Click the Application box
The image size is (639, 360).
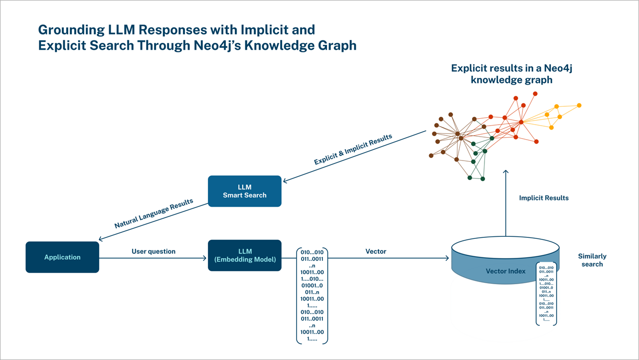[62, 257]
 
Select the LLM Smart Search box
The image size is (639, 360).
[244, 191]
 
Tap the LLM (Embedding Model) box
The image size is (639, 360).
[244, 255]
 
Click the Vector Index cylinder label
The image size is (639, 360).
[505, 271]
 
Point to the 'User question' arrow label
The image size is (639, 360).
[154, 251]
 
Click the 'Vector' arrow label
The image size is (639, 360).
[376, 251]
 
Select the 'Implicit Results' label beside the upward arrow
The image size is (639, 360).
[543, 198]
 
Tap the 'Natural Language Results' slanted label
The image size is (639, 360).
[154, 214]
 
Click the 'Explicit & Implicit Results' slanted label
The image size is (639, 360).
[353, 149]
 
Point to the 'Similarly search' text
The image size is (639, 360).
[592, 260]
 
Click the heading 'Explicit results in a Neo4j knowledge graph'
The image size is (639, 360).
[511, 74]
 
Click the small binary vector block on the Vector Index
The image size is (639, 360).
[546, 294]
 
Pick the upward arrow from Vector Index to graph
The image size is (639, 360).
[505, 204]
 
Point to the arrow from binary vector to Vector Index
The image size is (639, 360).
[389, 258]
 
